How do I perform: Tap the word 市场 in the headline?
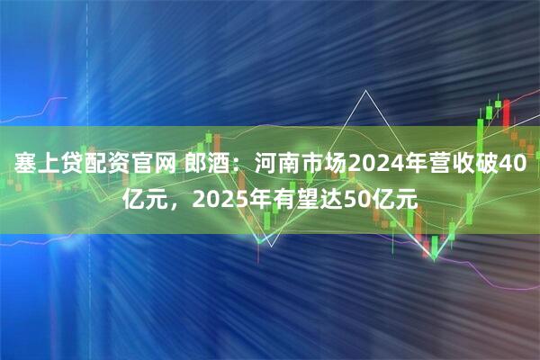point(324,164)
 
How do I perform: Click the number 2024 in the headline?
point(375,164)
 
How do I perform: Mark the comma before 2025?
point(175,203)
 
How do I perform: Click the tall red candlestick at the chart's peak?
point(506,112)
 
